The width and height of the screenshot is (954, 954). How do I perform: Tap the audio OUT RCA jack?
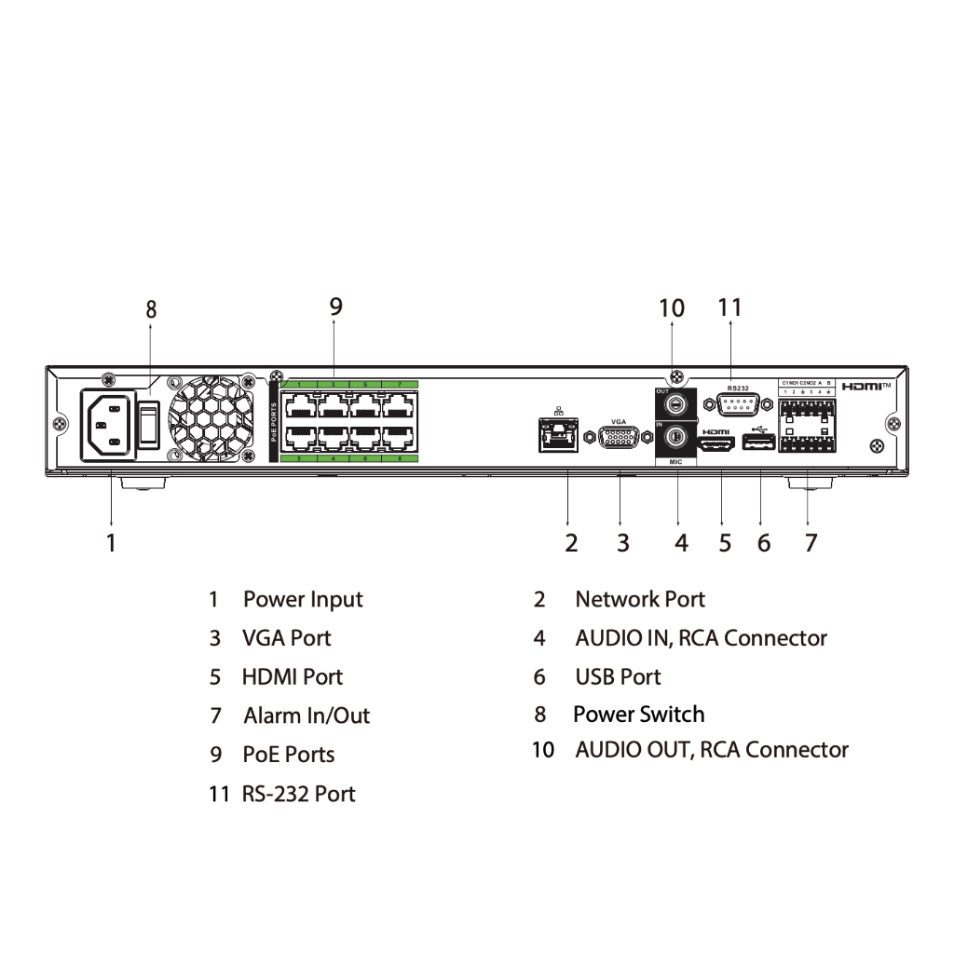click(x=677, y=402)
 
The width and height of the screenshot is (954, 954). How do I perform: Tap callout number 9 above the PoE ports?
click(x=336, y=306)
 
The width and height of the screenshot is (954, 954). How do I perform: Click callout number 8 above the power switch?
click(x=151, y=309)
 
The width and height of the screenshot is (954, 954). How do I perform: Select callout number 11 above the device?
click(x=730, y=307)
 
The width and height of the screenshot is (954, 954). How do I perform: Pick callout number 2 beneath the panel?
click(x=571, y=542)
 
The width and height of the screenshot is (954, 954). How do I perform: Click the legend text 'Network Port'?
click(x=640, y=599)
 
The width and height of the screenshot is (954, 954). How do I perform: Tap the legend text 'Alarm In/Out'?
click(x=307, y=715)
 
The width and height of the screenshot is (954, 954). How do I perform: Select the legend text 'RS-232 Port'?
click(x=298, y=794)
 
